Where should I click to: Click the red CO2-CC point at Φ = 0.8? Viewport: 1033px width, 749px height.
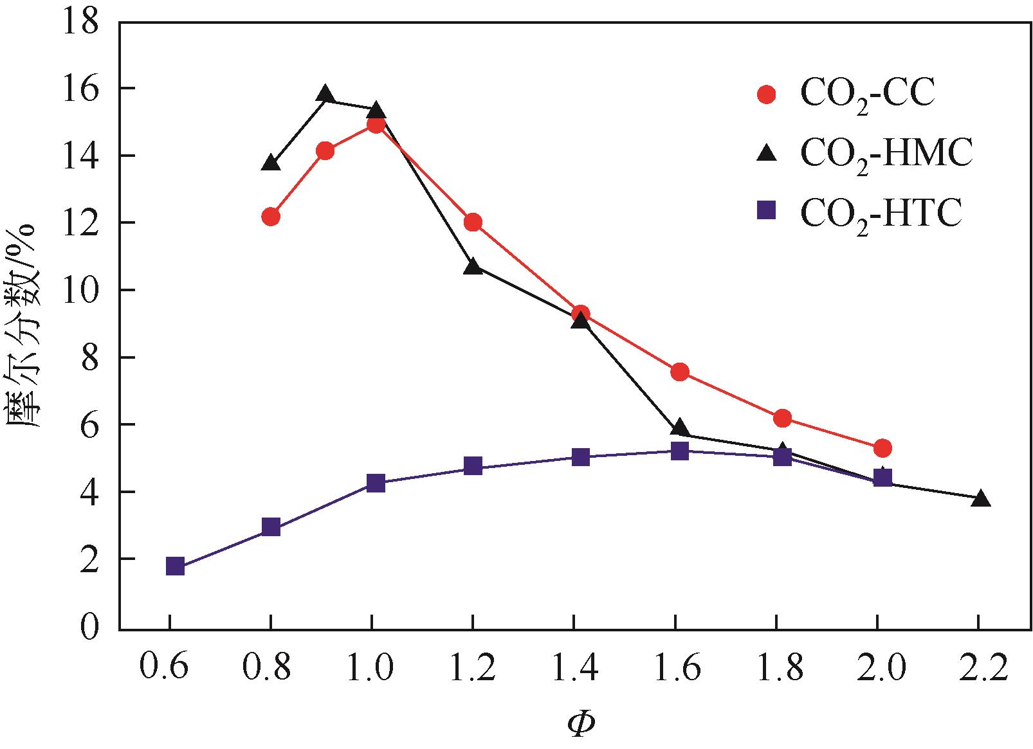tap(271, 217)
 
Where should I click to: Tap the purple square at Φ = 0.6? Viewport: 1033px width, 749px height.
tap(176, 566)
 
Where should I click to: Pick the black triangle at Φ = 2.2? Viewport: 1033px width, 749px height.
tap(980, 499)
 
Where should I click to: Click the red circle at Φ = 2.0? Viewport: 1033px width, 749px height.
tap(882, 447)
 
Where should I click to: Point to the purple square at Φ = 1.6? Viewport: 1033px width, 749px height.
tap(680, 450)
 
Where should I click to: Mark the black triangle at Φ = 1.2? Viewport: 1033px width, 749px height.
tap(473, 266)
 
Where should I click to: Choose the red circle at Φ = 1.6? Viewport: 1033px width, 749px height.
tap(680, 372)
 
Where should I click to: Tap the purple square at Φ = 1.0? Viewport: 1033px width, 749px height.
tap(376, 483)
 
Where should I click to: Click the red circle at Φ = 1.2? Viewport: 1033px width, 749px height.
tap(473, 222)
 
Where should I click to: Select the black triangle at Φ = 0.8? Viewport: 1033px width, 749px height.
tap(271, 163)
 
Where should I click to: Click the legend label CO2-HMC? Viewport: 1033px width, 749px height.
tap(886, 154)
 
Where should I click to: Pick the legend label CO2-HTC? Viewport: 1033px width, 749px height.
tap(881, 212)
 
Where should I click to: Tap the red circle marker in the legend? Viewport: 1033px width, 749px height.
tap(767, 95)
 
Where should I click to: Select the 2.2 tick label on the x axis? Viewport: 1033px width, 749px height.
tap(979, 670)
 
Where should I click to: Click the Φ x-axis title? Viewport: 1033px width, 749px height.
tap(580, 724)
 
